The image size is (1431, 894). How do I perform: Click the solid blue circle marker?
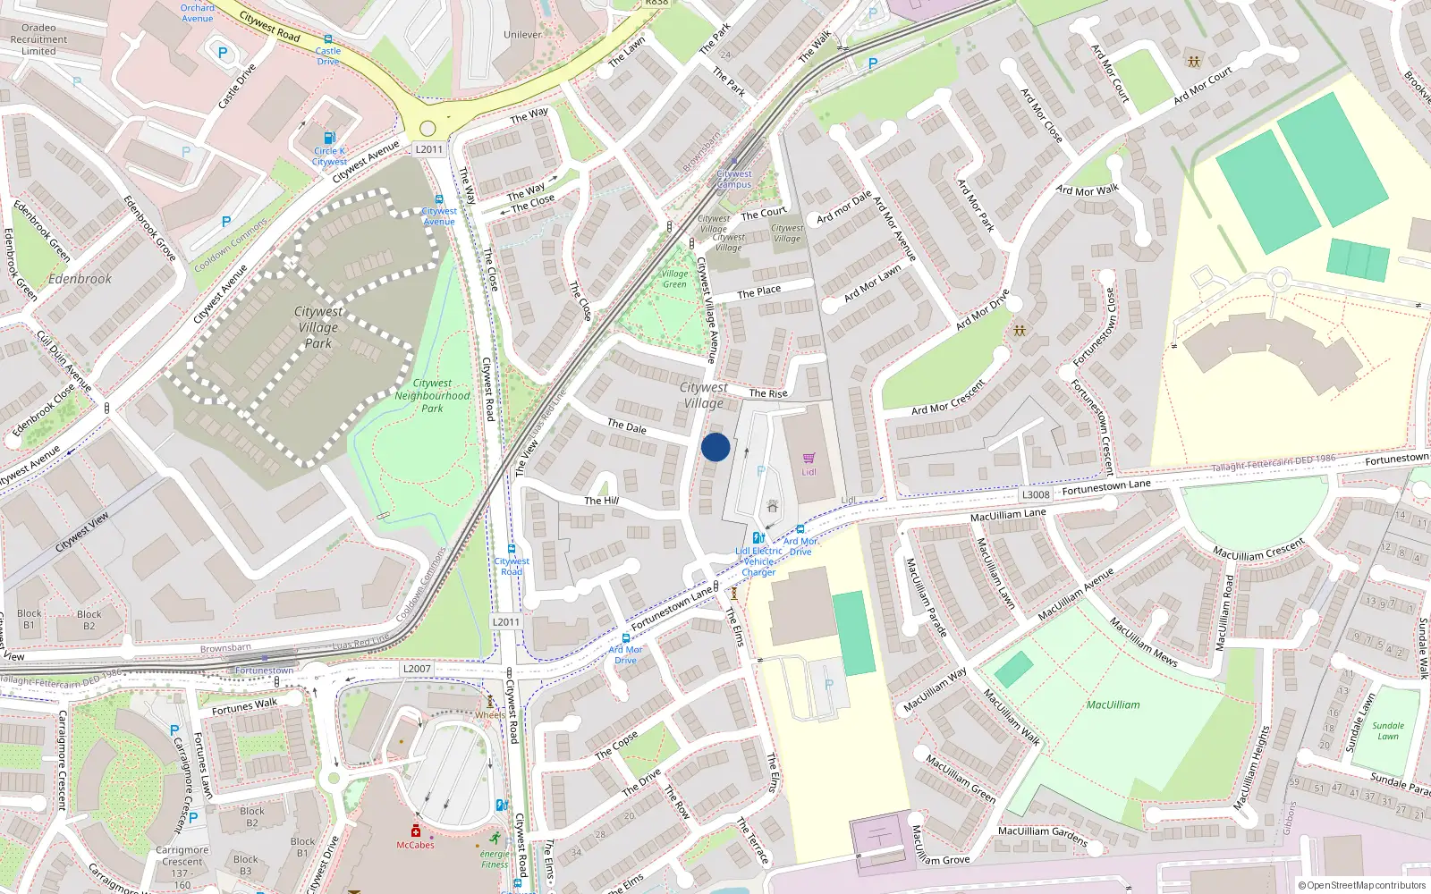[x=715, y=447]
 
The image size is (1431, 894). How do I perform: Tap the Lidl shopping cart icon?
[x=809, y=459]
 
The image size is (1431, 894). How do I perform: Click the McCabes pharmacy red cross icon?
[x=416, y=831]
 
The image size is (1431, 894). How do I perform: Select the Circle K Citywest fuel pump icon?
[x=329, y=138]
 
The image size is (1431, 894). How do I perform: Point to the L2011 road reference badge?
[x=429, y=149]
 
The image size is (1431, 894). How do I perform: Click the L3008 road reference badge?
[x=1036, y=494]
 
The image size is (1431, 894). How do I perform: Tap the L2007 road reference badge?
[x=417, y=669]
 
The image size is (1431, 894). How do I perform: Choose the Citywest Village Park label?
[x=318, y=327]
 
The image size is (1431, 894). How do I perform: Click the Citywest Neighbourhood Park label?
[x=432, y=395]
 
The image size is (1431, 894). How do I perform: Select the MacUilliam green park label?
[x=1113, y=704]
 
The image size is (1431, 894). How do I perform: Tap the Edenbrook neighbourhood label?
[x=80, y=279]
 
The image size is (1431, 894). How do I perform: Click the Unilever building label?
[x=523, y=35]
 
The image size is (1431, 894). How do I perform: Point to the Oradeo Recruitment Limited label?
[x=38, y=39]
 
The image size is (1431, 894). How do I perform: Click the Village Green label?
[x=674, y=279]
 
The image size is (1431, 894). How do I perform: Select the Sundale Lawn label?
[x=1388, y=731]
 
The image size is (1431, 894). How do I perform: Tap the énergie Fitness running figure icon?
[x=495, y=838]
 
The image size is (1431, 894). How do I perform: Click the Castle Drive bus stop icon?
[x=328, y=39]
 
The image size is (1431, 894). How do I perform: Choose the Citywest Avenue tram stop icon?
[x=439, y=199]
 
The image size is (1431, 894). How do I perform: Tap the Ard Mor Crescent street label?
[x=948, y=398]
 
